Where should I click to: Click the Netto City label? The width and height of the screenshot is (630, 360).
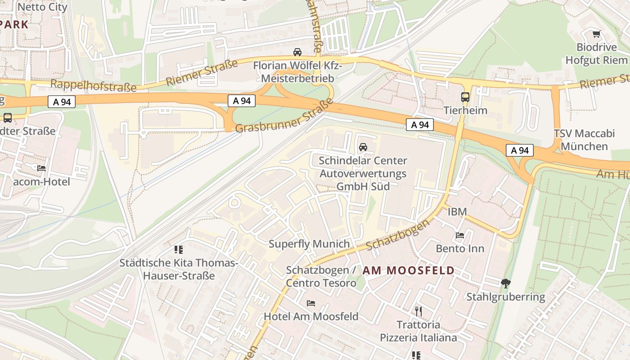click(x=42, y=7)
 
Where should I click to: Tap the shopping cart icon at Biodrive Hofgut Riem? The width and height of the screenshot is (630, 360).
click(x=597, y=34)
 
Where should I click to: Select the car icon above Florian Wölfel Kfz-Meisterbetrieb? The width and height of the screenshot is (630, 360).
click(x=297, y=52)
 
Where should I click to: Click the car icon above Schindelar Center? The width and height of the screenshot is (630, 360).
click(x=363, y=147)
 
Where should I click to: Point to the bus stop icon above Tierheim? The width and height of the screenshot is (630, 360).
click(x=465, y=97)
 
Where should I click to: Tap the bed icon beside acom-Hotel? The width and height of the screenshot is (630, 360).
click(x=41, y=168)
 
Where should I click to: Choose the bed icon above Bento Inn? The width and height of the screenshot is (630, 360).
click(x=460, y=235)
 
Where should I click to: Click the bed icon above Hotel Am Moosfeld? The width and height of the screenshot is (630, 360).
click(x=311, y=303)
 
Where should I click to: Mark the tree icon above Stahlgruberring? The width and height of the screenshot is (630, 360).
click(x=506, y=283)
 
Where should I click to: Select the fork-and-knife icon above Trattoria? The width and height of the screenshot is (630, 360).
click(x=418, y=310)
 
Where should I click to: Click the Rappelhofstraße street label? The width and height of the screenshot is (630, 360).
click(x=93, y=85)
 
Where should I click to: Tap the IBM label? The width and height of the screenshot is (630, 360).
click(x=457, y=211)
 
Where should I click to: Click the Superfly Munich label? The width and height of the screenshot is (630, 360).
click(x=309, y=244)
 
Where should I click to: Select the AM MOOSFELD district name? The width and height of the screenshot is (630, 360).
click(x=408, y=270)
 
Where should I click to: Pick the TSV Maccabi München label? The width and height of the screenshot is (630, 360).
click(x=584, y=140)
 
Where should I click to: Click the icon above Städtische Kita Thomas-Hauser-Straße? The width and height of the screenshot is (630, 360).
click(x=179, y=249)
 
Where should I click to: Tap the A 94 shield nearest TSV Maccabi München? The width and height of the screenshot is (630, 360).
click(x=519, y=150)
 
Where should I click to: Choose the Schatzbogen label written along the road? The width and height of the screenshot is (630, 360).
click(x=397, y=235)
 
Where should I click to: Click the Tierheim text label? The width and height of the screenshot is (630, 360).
click(x=465, y=110)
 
